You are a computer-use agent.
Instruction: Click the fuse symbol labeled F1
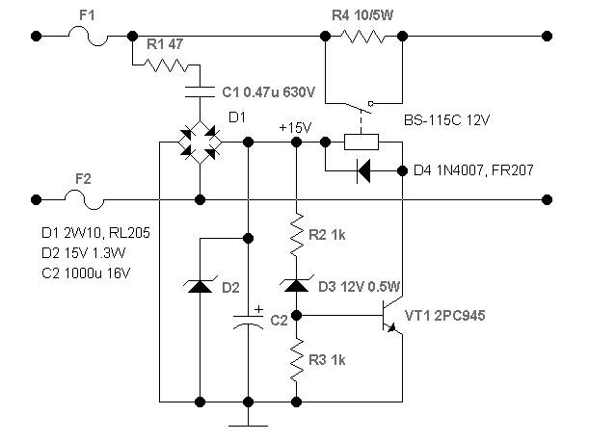88,36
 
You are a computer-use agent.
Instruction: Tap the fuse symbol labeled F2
84,199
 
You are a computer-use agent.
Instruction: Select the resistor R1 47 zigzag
166,65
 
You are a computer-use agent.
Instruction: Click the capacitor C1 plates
200,91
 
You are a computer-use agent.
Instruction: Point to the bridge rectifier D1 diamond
200,143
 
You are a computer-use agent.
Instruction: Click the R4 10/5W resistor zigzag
362,37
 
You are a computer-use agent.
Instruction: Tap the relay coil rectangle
361,143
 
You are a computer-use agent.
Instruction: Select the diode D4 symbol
363,171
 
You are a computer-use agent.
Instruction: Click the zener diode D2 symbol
200,286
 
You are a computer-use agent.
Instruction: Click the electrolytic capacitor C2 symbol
249,322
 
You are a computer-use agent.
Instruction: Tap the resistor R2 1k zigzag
296,235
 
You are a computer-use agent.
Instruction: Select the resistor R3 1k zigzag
296,360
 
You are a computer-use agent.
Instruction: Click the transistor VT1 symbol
390,315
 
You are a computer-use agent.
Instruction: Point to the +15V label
296,128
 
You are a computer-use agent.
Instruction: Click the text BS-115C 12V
447,120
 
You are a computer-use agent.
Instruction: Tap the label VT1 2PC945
445,316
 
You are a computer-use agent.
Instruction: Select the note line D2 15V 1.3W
84,253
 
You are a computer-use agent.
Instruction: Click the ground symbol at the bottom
249,426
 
